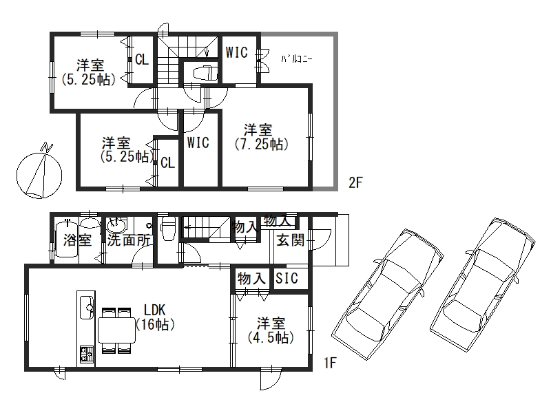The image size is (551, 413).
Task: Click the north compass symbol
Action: (39, 172)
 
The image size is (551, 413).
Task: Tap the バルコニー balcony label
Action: (296, 59)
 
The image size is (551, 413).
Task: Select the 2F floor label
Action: (355, 182)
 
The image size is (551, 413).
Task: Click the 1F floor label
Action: (331, 363)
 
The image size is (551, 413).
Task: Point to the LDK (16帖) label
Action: (155, 317)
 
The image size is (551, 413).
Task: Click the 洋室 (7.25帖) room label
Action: (262, 137)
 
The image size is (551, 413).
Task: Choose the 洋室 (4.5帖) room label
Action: (271, 330)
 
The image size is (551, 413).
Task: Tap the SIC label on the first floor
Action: (287, 278)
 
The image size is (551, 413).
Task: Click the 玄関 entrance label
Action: (290, 240)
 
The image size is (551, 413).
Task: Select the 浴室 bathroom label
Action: (78, 240)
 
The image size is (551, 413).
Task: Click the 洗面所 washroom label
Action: (129, 240)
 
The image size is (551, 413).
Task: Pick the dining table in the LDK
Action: (116, 330)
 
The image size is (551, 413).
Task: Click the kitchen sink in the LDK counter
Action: (87, 307)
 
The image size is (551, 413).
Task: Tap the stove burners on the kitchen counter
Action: (87, 354)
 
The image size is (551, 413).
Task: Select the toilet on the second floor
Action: (205, 73)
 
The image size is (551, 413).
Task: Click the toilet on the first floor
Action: (167, 229)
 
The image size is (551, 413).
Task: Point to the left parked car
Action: (388, 295)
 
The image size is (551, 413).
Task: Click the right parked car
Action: (483, 284)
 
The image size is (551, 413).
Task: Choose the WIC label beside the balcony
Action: (236, 52)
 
